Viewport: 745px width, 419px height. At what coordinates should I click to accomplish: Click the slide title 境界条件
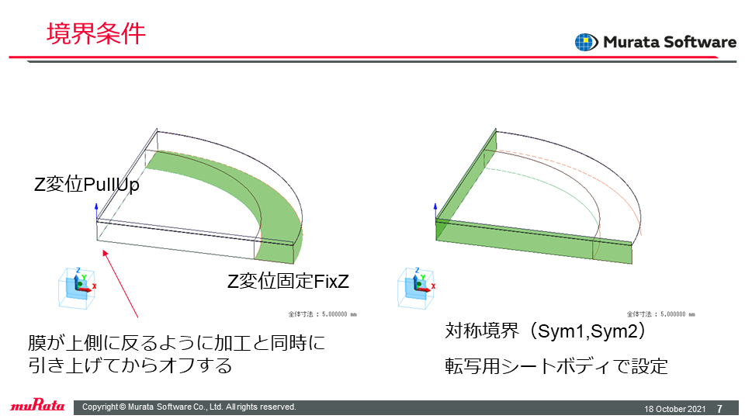96,33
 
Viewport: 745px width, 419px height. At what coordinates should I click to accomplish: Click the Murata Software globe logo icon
587,42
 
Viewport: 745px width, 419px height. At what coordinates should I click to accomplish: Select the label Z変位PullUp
86,185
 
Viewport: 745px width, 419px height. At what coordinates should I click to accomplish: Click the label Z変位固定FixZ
288,281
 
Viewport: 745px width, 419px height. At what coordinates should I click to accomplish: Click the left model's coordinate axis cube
77,288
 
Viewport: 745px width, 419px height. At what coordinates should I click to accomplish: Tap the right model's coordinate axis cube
416,288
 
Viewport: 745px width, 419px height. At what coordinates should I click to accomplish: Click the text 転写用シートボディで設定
556,366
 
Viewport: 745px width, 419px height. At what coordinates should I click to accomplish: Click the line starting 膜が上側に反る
177,342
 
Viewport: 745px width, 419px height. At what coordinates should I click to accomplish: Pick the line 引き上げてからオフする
130,365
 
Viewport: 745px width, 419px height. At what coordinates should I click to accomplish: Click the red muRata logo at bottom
37,405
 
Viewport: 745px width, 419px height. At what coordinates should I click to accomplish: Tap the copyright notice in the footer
189,407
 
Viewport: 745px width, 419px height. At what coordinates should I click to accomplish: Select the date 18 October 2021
674,409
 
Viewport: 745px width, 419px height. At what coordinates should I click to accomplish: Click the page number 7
720,409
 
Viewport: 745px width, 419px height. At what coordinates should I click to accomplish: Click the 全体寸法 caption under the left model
322,314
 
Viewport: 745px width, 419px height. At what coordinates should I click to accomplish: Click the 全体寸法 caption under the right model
661,314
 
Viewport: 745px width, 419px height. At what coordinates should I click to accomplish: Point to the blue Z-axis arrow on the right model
435,212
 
